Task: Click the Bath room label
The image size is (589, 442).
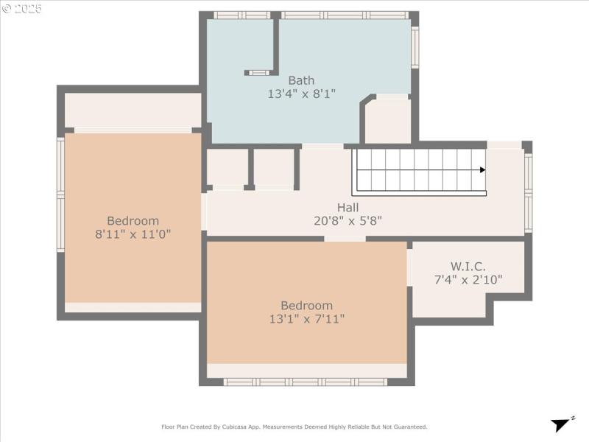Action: (301, 80)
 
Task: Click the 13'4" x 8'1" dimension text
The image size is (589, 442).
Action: (301, 94)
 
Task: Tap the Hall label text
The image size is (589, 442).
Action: (348, 207)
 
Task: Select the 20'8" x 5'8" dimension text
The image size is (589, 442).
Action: (348, 220)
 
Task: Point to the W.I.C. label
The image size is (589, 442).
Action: (468, 266)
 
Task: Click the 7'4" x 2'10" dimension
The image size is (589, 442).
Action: (468, 279)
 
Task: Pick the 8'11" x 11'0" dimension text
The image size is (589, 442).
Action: (133, 234)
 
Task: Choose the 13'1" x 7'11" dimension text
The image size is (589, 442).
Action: (306, 318)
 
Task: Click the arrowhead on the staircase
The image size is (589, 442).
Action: (482, 170)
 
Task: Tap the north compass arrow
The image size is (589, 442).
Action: (562, 424)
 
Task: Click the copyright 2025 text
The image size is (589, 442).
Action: (22, 9)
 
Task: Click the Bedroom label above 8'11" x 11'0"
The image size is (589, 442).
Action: (133, 221)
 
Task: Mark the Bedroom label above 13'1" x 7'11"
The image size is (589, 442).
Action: (306, 305)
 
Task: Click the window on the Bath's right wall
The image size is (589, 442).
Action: (415, 48)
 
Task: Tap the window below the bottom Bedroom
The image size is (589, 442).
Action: (306, 382)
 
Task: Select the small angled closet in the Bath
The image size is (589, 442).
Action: (387, 120)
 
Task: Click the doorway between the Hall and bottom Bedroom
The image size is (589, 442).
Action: (345, 239)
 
